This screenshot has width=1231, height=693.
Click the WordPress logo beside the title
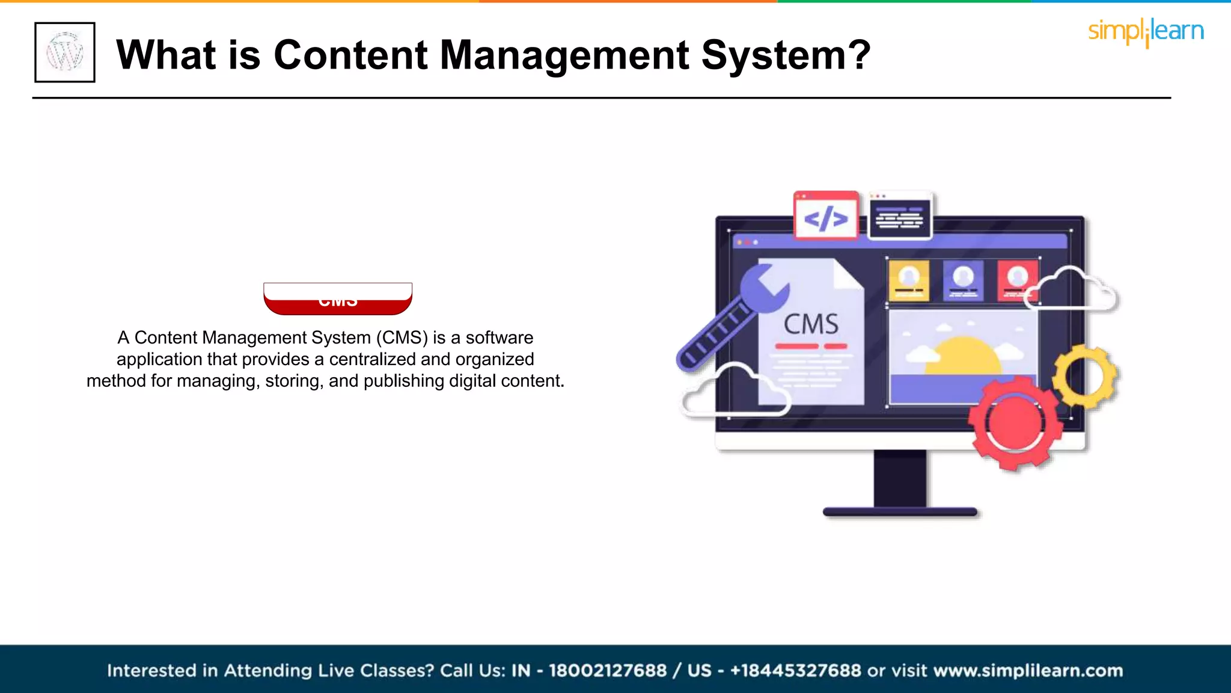[65, 52]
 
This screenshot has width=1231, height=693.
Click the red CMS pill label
[338, 300]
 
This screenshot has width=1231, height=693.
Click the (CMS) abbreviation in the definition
[402, 337]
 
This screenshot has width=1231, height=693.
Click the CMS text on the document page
[811, 325]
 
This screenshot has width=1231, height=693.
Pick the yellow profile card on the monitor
[909, 280]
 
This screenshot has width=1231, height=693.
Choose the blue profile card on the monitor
[963, 280]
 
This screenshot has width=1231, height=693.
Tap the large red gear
[1015, 423]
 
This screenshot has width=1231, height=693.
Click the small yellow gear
[1085, 376]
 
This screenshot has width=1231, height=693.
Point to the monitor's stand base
[900, 512]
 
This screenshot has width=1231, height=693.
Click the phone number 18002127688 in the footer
[608, 670]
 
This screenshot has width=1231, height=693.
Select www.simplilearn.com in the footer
[1028, 670]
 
